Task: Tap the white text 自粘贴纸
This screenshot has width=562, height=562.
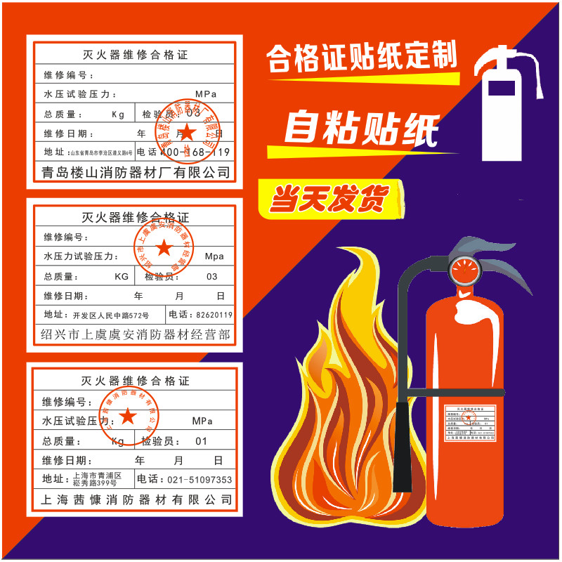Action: [361, 129]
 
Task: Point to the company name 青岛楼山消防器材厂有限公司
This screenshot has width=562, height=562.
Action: [136, 172]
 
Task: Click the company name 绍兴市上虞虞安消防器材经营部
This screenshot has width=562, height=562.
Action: [136, 334]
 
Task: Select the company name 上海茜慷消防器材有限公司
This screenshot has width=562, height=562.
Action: [136, 499]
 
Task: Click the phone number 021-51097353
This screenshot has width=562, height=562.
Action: [194, 480]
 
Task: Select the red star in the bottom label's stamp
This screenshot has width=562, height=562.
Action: [128, 416]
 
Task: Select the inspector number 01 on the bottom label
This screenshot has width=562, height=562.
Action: [202, 441]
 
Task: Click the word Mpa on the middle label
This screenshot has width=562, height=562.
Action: [214, 256]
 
